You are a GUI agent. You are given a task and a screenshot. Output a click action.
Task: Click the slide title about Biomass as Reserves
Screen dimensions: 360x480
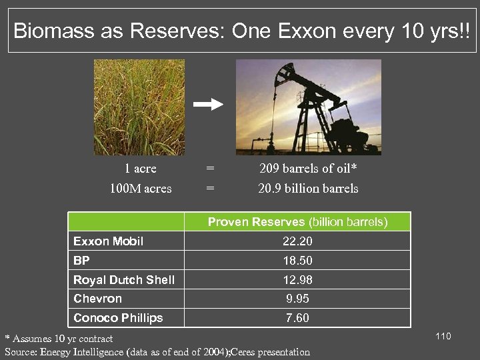click(241, 30)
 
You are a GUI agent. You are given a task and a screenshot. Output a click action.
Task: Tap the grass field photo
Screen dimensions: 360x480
click(139, 107)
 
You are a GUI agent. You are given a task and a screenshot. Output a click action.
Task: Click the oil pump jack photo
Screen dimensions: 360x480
click(308, 107)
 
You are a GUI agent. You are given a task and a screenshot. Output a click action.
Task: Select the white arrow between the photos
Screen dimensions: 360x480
click(209, 104)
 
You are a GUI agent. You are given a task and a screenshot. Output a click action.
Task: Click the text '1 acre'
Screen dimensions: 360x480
click(140, 169)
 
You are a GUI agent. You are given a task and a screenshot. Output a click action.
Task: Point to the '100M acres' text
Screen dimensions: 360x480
click(140, 189)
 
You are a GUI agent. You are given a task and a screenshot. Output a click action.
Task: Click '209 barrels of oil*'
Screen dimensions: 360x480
click(307, 169)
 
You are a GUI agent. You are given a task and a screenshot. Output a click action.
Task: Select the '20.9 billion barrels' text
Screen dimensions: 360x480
click(307, 189)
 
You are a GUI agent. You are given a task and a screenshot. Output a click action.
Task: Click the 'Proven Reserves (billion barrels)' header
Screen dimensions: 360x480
click(297, 222)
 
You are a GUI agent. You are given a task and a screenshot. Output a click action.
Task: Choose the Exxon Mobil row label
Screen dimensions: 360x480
click(108, 241)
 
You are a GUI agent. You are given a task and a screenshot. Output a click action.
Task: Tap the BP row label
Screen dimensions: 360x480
click(81, 261)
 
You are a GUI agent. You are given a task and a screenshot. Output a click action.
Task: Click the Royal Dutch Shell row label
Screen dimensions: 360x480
click(123, 280)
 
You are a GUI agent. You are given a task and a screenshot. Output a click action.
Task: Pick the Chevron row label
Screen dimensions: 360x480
click(97, 299)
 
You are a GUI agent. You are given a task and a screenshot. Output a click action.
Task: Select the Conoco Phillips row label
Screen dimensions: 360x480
click(117, 318)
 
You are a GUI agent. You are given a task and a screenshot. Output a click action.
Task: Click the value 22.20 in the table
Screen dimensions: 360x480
click(297, 241)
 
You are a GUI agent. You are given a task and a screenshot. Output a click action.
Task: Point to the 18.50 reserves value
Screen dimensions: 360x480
click(297, 261)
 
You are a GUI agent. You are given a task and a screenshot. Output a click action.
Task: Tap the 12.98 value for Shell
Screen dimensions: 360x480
click(297, 280)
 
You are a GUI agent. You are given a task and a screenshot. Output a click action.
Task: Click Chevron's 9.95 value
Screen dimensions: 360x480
click(297, 299)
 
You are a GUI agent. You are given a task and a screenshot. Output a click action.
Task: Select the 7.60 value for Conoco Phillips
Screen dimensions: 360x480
click(297, 318)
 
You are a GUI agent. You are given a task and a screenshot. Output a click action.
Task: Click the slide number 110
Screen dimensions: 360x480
click(443, 336)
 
